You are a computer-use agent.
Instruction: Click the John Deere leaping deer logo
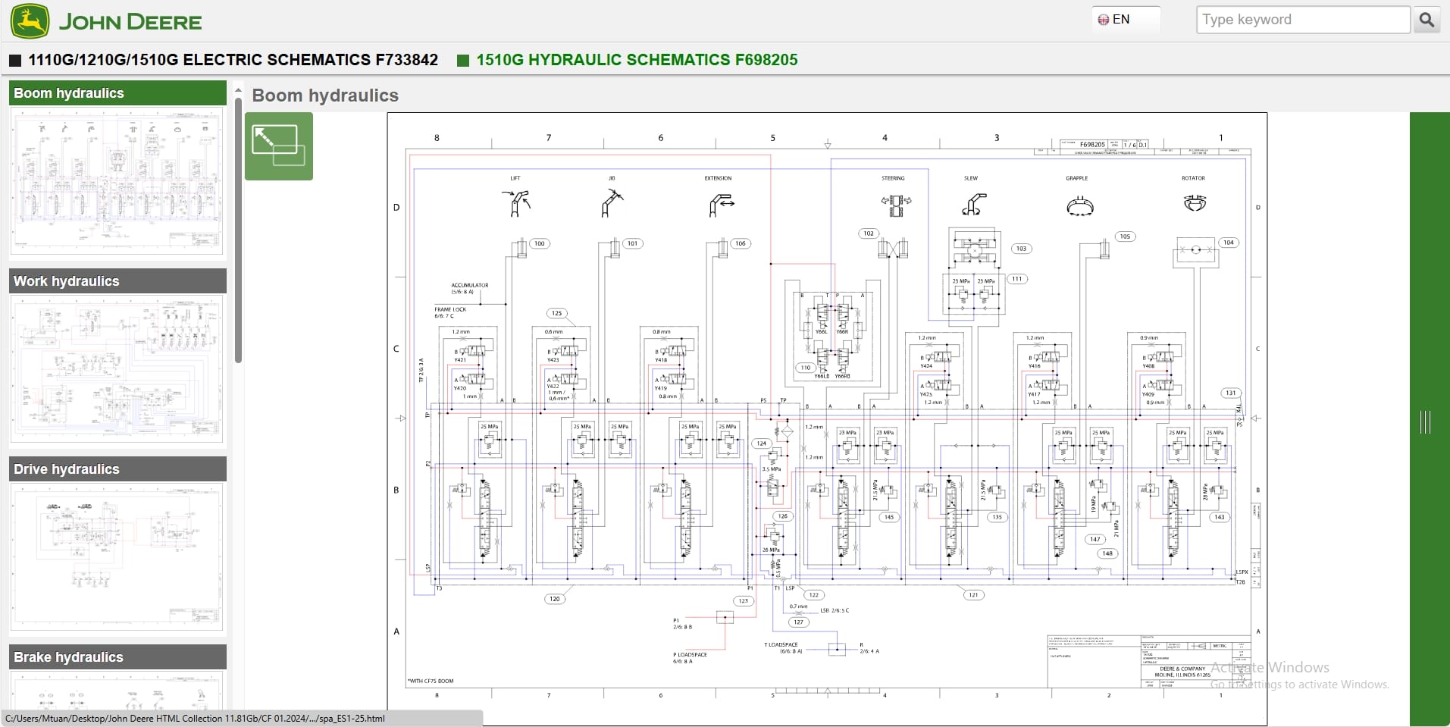(30, 20)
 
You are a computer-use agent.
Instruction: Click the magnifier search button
(1427, 20)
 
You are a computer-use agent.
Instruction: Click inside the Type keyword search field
(1301, 20)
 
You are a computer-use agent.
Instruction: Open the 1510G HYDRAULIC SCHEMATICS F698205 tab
(636, 60)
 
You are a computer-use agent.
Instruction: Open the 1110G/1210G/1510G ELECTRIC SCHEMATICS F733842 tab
(233, 60)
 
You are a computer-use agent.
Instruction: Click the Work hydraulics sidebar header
(117, 281)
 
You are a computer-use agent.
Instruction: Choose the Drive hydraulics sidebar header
(117, 469)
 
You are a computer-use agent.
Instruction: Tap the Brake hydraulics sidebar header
(117, 657)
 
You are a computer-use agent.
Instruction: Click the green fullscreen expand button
(278, 146)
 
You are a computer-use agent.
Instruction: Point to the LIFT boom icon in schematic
(516, 203)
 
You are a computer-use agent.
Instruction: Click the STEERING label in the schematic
(893, 178)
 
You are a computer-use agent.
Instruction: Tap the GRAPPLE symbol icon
(1079, 205)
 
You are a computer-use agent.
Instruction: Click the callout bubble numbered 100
(539, 243)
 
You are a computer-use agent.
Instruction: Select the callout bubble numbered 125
(557, 313)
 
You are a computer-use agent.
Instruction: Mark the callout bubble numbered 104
(1228, 243)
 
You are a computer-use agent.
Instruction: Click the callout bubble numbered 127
(798, 622)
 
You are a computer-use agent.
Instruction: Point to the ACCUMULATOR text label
(470, 285)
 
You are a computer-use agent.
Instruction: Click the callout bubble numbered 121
(973, 594)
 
